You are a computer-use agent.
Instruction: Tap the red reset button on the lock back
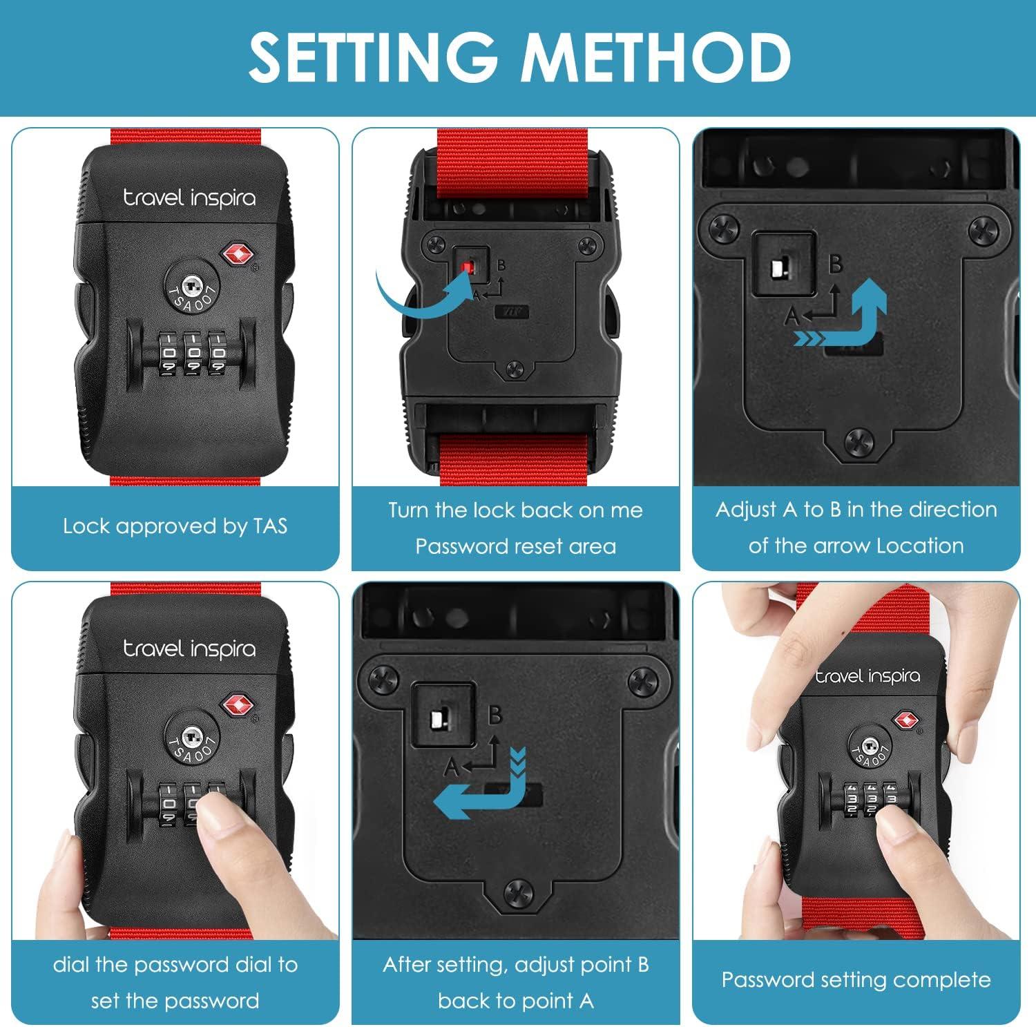coord(469,267)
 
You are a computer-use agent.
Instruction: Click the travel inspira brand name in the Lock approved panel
coord(189,198)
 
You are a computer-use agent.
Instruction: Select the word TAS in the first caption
coord(270,526)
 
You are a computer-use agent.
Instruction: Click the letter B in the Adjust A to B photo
coord(836,265)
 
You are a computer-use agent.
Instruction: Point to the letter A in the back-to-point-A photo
coord(451,767)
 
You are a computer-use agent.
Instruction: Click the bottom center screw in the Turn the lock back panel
coord(515,368)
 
